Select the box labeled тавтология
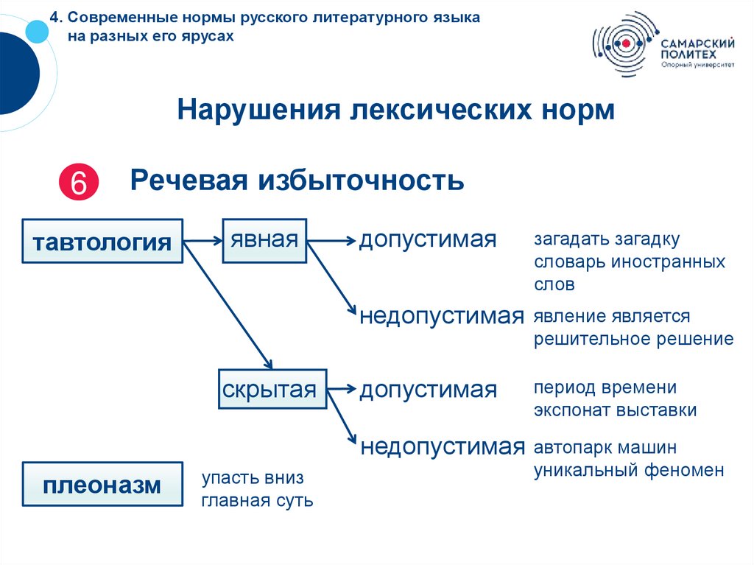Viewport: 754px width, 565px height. [x=102, y=241]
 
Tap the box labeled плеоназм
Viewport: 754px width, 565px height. [x=102, y=485]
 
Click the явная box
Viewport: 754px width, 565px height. [x=264, y=240]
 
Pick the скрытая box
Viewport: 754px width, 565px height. [x=272, y=389]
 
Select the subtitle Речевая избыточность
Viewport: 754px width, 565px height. [x=297, y=180]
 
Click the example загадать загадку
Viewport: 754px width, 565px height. [x=607, y=240]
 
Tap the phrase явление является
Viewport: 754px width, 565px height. [x=613, y=317]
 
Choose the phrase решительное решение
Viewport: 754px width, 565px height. [x=634, y=339]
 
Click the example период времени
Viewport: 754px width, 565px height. [x=605, y=387]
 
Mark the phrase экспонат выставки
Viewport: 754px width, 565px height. [x=616, y=410]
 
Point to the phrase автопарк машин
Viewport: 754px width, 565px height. [x=605, y=448]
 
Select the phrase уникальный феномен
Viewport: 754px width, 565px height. [x=629, y=470]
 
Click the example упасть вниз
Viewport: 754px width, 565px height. [x=253, y=479]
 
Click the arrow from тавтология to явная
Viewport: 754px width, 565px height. [x=202, y=240]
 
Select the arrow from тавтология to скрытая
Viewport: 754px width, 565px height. [x=228, y=305]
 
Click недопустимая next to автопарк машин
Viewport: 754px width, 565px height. [x=442, y=446]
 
